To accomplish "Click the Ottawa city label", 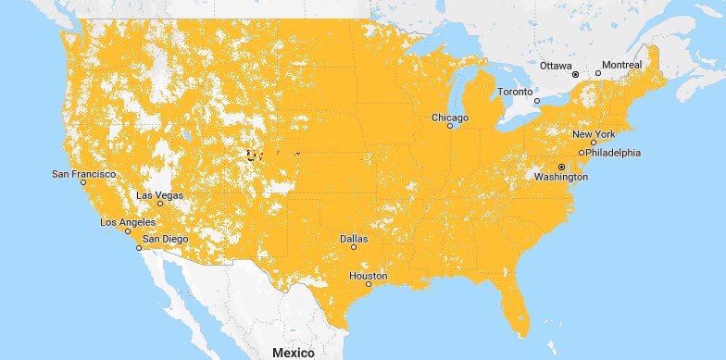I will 557,66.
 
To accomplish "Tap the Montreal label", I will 620,66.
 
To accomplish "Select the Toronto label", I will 516,92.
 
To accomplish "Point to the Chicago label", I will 450,118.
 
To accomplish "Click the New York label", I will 594,134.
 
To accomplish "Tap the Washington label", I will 561,176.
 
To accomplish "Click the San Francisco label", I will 83,173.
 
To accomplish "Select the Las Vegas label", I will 159,195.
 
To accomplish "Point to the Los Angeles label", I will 128,222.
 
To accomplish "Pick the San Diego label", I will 165,239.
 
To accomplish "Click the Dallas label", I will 354,238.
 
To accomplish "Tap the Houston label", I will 369,276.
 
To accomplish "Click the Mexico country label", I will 294,353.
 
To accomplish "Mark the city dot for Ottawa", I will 575,73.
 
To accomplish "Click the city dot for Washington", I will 561,167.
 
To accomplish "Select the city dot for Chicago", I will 451,127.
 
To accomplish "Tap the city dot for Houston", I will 369,285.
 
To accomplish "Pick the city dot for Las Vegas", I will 160,204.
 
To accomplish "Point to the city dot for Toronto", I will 537,99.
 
